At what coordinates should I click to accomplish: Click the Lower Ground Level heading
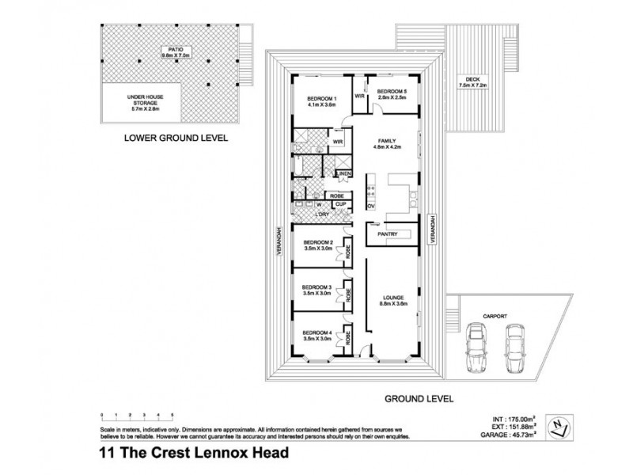point(176,137)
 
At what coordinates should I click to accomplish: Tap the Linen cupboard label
point(344,173)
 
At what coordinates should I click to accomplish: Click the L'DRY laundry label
point(322,213)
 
